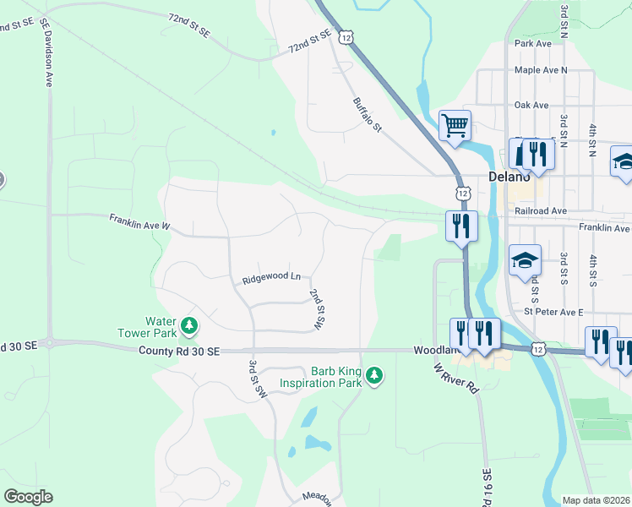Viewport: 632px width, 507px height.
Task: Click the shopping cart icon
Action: pos(455,127)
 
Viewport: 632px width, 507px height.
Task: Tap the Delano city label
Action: pos(509,177)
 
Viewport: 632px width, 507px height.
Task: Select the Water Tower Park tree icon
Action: pos(190,325)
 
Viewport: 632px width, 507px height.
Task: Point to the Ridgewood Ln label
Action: pos(271,276)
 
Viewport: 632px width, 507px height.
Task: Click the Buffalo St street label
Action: pos(368,114)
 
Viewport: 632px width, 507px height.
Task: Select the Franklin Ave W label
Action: pos(139,222)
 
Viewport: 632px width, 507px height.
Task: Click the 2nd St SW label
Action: pos(317,308)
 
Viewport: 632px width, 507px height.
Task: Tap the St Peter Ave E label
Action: pos(553,312)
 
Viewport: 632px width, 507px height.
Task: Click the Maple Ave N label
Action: pos(541,70)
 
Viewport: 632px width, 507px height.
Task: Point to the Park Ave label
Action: pos(532,43)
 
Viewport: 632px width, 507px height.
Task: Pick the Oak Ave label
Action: pos(531,106)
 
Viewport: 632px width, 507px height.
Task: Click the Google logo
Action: pos(28,497)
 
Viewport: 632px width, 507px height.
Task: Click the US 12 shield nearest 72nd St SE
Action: pos(345,37)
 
